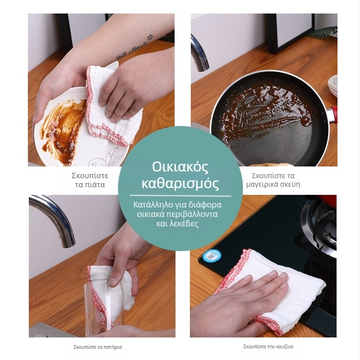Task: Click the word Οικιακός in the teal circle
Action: click(180, 167)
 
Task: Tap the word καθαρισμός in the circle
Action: click(180, 184)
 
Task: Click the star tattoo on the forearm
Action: click(150, 37)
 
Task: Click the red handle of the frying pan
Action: click(334, 114)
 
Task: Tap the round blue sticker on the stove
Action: click(211, 256)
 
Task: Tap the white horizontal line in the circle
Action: click(180, 196)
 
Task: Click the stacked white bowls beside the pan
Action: click(333, 85)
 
